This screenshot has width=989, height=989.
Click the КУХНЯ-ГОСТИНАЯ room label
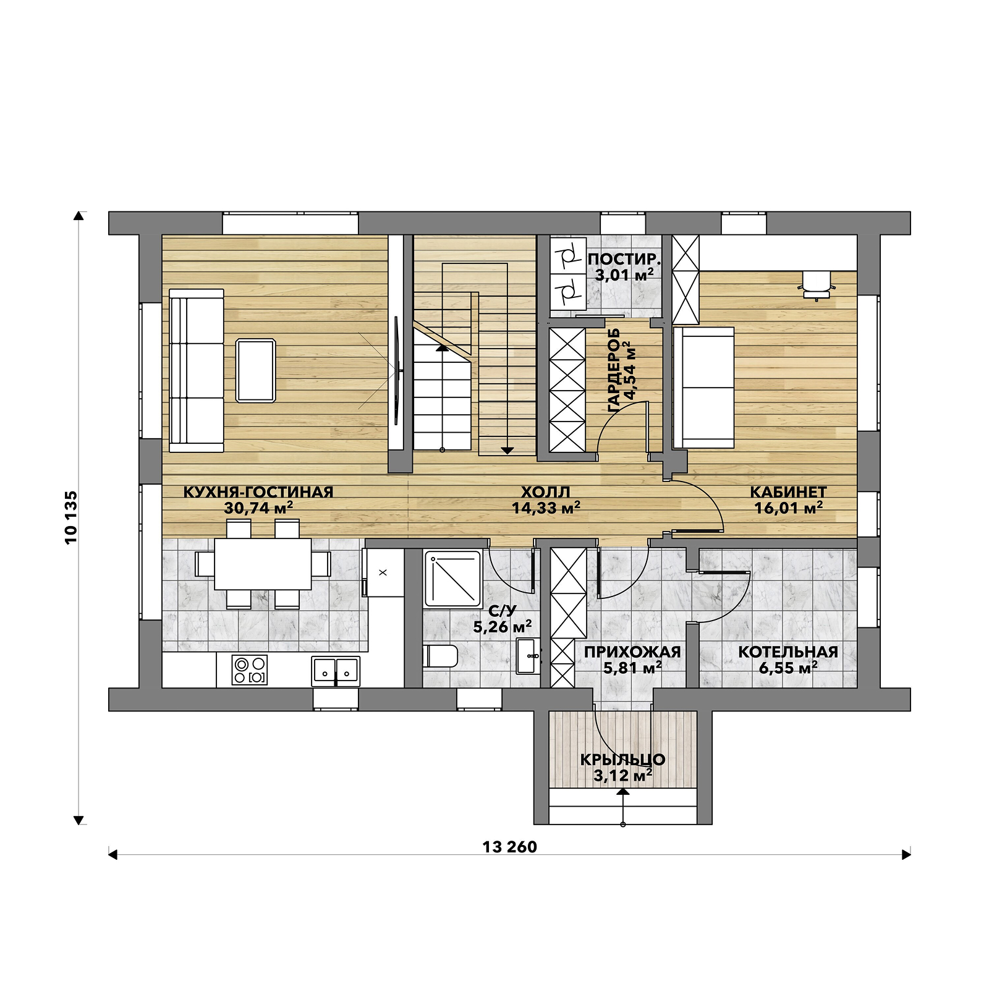258,492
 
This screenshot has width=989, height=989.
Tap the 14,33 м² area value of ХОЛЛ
546,508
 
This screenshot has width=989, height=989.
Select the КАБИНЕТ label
789,492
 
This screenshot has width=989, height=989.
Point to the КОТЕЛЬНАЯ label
788,652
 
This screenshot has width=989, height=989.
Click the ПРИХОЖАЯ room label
632,652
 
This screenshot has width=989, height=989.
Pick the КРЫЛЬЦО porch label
622,759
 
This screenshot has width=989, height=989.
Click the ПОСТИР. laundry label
624,259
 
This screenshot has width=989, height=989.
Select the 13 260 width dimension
510,847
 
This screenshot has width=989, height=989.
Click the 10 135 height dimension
72,517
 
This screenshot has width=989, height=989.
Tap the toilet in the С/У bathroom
441,655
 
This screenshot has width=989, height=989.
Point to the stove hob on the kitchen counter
250,670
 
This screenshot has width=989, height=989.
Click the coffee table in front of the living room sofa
256,370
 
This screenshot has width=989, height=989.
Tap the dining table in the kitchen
263,564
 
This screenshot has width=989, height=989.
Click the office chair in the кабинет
817,284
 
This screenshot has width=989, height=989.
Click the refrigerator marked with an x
383,572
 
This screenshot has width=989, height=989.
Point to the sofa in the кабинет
703,388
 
